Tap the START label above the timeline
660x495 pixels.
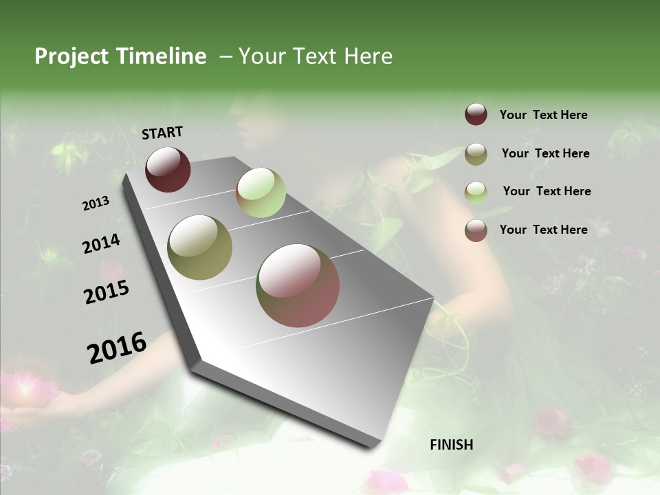[162, 132]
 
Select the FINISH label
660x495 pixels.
[452, 445]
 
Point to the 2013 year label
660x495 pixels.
[96, 203]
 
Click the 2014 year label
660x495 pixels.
[101, 244]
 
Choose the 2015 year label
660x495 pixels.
[107, 292]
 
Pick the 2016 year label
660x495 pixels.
[117, 347]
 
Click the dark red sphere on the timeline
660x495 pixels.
[168, 169]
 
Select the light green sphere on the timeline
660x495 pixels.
[261, 192]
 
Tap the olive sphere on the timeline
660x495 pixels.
[200, 247]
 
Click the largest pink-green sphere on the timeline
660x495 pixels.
[298, 285]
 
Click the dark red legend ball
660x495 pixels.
[476, 115]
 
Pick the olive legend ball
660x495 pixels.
[476, 154]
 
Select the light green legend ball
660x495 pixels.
[476, 192]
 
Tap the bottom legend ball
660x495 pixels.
[476, 230]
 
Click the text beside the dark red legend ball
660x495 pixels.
[543, 115]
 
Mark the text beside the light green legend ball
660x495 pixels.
[547, 191]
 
